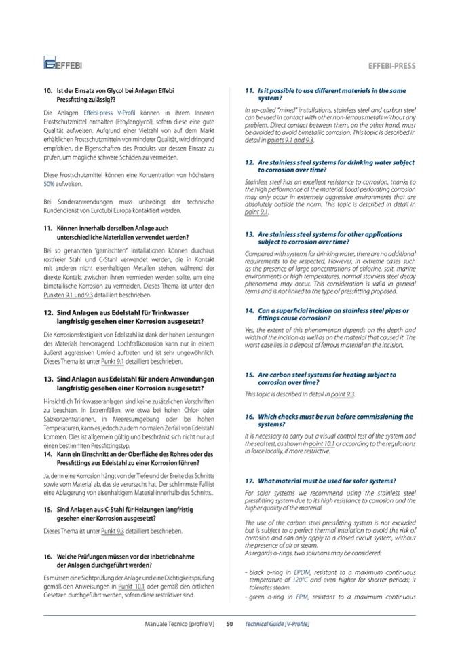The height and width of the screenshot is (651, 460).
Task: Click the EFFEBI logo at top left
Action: [x=63, y=64]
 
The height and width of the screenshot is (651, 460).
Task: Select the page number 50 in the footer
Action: [x=230, y=623]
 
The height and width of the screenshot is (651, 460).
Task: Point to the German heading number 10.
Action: [x=47, y=90]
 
